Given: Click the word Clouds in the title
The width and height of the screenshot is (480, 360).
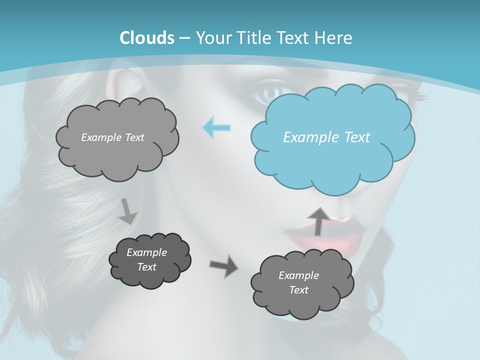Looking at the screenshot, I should point(146,38).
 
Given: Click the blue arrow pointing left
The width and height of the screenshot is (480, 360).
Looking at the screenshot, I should point(217,128).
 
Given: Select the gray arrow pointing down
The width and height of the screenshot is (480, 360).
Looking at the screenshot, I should point(128,210).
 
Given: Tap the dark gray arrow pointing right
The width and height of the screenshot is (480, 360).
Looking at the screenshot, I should point(223,266).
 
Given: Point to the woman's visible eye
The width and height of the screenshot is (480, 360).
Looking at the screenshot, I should point(272,92).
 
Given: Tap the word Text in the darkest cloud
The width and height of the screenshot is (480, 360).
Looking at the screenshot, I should point(146,267).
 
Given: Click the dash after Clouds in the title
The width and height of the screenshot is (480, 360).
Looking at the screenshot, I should point(183,38).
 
